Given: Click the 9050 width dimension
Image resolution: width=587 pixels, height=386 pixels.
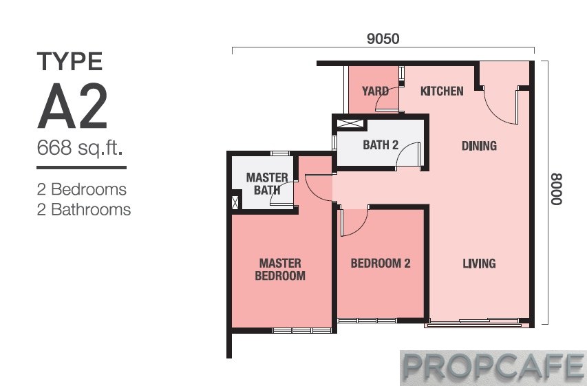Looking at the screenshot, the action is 383,39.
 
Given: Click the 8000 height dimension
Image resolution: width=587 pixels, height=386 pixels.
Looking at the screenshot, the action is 556,189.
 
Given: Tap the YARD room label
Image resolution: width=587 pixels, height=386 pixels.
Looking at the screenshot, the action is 375,91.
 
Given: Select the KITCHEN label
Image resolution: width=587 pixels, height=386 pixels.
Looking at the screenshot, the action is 442,91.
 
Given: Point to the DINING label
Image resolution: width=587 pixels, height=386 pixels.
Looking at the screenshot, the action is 479,146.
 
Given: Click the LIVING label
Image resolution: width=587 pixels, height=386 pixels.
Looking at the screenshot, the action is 479,264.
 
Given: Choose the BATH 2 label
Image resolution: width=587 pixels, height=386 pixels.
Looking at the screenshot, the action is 381,145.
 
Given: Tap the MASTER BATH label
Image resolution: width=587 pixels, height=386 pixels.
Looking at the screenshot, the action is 267,184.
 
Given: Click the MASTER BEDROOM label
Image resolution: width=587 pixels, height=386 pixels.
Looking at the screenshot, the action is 280,270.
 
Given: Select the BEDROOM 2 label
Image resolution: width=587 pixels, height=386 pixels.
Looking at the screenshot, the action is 381,264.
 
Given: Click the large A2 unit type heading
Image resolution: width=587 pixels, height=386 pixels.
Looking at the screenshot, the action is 73,106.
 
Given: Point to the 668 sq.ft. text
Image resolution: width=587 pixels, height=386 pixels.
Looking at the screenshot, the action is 80,147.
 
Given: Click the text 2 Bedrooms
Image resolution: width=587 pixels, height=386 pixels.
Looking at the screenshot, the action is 82,189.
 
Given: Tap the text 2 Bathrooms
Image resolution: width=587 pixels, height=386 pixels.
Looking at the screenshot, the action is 84,210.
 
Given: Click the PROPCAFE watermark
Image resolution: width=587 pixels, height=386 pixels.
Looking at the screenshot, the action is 493,368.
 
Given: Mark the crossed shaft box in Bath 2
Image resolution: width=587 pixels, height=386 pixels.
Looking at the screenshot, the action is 350,124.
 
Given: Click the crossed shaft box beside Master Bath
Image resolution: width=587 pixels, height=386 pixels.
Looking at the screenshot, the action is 235,202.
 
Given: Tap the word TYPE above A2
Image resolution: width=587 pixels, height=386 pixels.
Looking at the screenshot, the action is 70,61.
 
